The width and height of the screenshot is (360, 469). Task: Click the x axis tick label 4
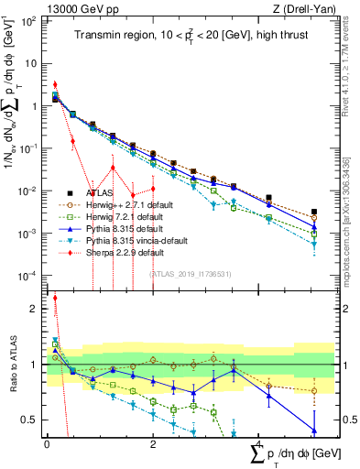[260, 442]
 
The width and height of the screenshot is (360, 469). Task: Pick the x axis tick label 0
[47, 442]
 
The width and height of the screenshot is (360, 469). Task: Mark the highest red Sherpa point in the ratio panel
[55, 298]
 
